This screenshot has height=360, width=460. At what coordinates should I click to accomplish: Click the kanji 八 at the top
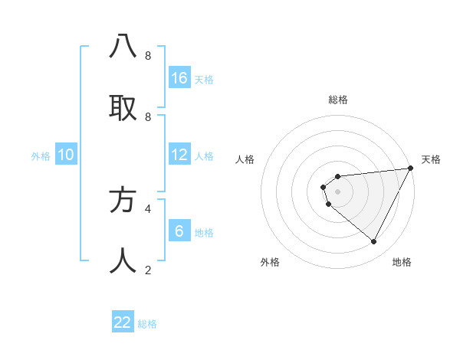(123, 47)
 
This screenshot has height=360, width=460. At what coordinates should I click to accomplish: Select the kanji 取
(123, 107)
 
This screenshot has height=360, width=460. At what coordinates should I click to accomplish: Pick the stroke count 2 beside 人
(148, 270)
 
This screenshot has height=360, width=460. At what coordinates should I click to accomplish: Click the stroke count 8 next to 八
(148, 56)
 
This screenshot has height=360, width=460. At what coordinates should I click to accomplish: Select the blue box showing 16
(179, 78)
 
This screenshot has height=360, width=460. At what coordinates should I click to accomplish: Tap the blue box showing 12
(179, 155)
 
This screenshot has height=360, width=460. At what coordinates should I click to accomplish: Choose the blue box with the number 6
(179, 231)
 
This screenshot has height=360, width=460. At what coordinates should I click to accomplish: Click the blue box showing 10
(66, 155)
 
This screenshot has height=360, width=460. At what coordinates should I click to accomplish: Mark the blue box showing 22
(123, 322)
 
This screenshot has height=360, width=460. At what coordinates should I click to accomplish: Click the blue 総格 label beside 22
(147, 324)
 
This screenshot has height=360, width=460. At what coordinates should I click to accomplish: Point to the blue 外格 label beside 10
(41, 156)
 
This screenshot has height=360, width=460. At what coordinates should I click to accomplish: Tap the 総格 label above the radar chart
(338, 100)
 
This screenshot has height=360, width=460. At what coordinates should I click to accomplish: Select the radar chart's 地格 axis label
(402, 262)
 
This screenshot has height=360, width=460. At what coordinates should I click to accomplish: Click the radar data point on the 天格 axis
(410, 169)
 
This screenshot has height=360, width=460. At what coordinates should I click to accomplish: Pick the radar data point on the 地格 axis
(374, 242)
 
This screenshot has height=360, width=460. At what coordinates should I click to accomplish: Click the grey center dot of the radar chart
(337, 191)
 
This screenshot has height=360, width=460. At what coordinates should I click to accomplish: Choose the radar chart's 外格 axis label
(270, 262)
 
